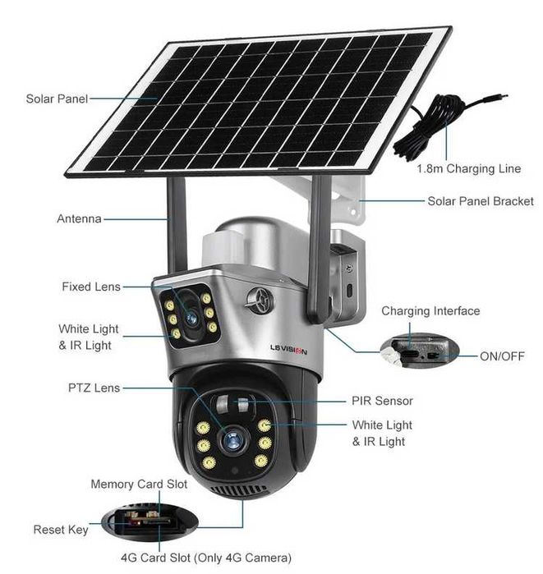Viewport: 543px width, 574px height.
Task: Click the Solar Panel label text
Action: [56, 99]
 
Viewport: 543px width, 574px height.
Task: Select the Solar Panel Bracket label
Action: [481, 200]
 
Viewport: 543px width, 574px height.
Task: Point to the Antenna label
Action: [79, 219]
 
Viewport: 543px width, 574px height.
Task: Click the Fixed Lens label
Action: [90, 287]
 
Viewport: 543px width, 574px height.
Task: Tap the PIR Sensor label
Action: [382, 401]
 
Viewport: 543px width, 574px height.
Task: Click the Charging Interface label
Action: [430, 311]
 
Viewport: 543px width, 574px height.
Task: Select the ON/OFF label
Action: [502, 356]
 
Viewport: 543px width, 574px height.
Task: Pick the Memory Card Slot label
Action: [139, 484]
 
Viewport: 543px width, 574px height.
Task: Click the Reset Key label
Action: [61, 530]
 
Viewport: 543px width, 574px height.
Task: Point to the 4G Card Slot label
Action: [205, 558]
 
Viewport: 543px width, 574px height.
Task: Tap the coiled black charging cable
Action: [431, 127]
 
